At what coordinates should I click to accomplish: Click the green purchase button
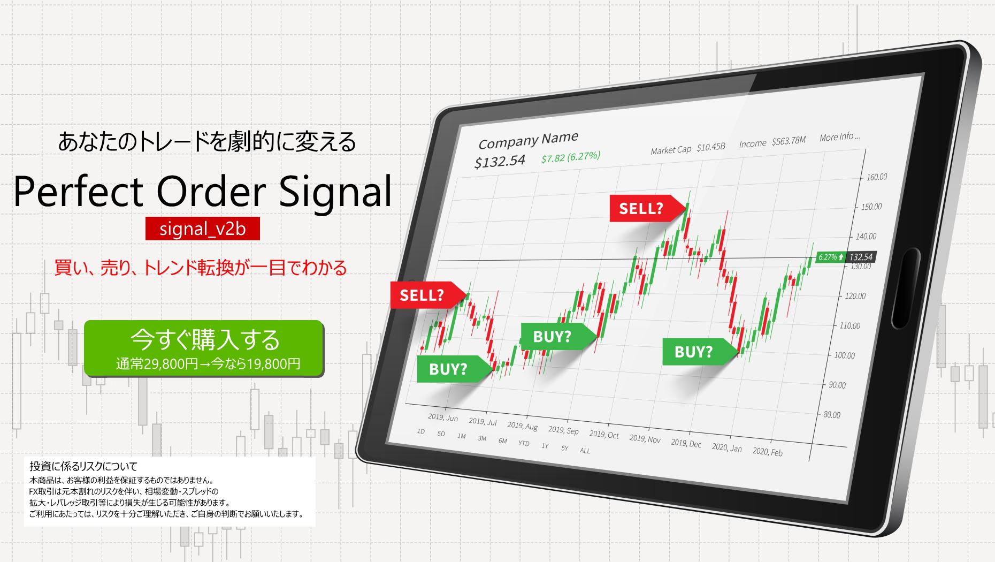204,348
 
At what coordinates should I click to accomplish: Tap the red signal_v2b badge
203,229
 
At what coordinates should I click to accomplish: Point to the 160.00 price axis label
876,177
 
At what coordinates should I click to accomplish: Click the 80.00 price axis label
832,414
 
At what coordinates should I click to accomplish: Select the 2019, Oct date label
604,434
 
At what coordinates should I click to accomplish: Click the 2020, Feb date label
767,451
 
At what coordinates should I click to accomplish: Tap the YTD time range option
524,443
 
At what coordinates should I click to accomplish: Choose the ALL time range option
585,450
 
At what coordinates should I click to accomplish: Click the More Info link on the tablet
840,136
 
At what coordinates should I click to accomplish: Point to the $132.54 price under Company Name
500,161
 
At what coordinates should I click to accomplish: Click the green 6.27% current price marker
830,257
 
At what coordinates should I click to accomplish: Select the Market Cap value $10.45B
711,147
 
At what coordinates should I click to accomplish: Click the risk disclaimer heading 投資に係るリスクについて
83,466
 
